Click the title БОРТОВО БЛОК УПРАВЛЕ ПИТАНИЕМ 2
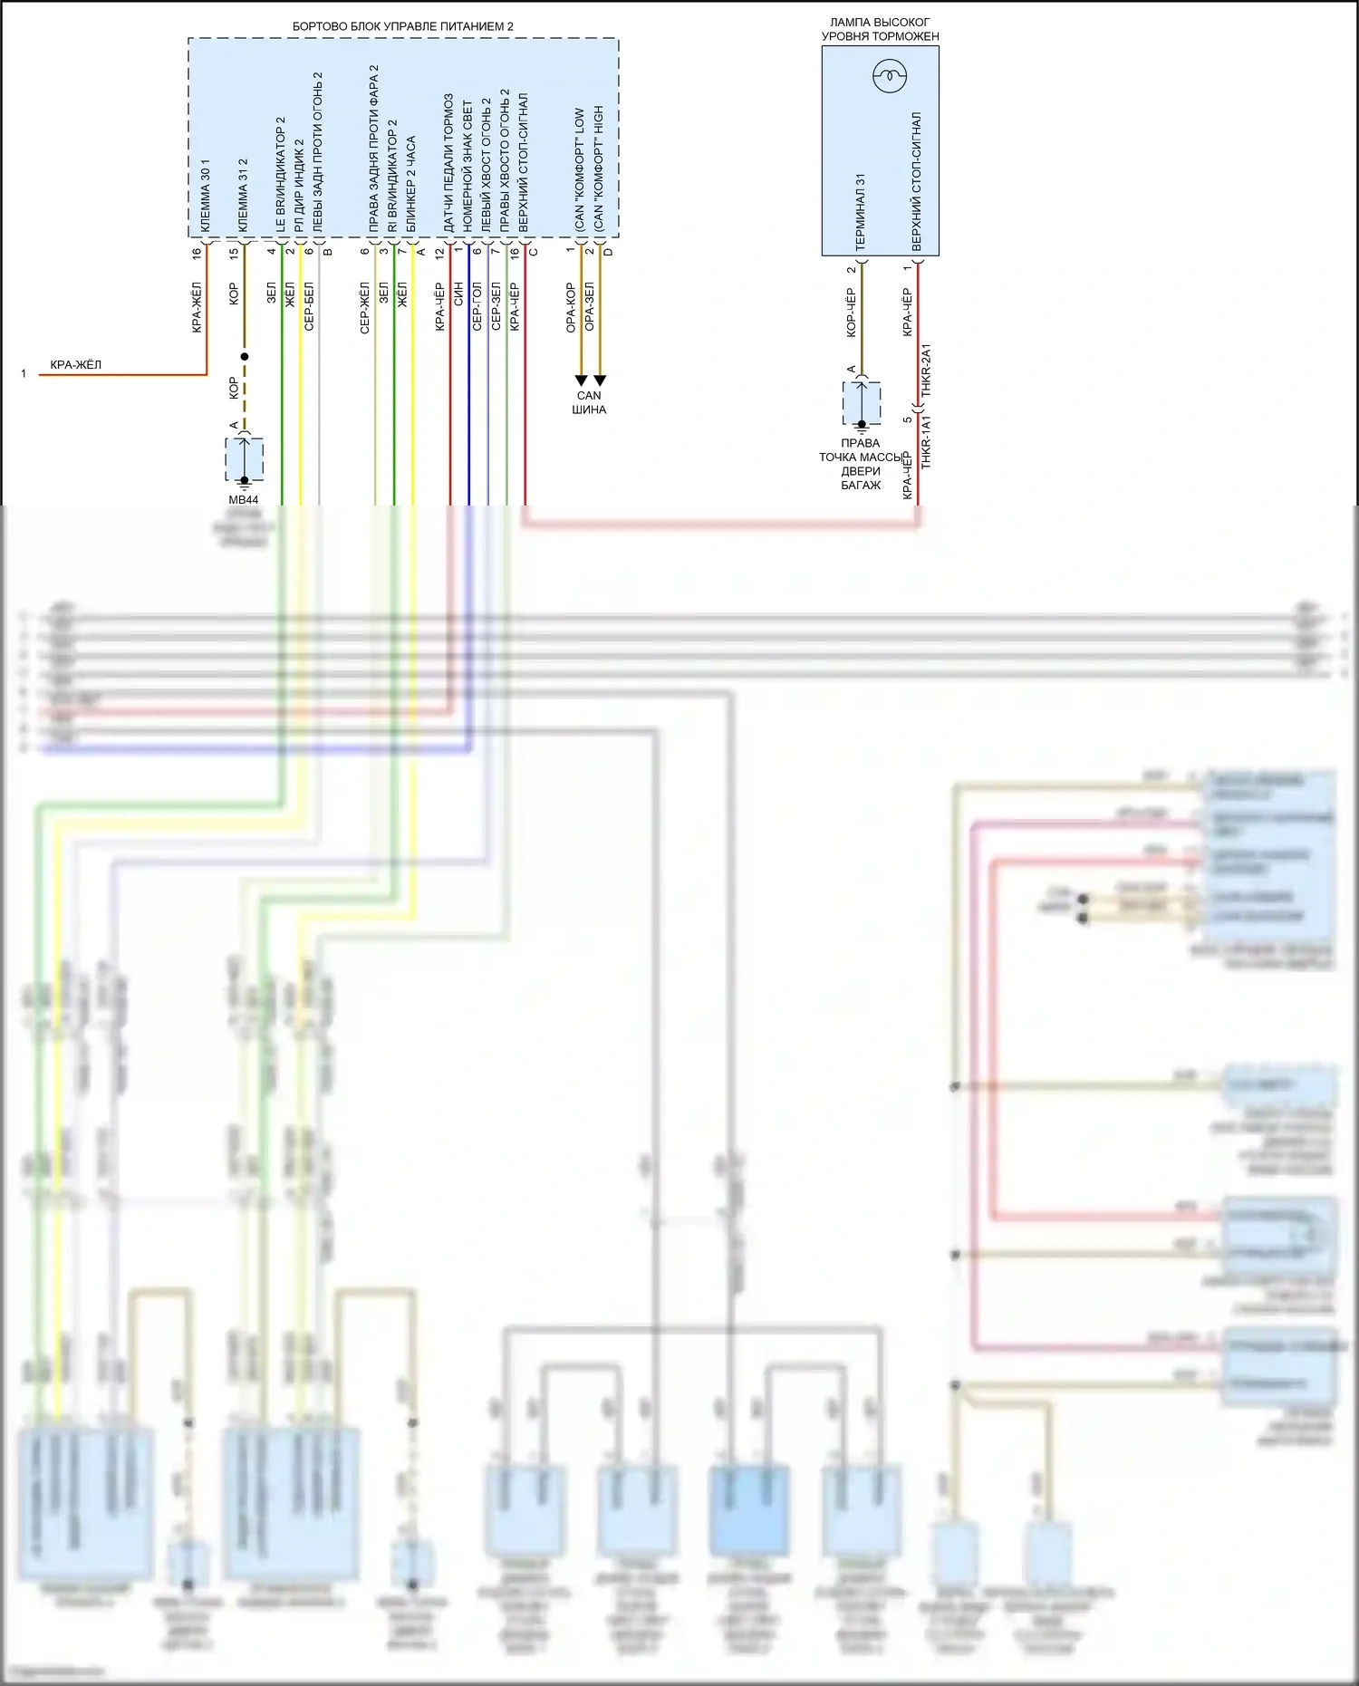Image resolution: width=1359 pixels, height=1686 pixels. pyautogui.click(x=402, y=26)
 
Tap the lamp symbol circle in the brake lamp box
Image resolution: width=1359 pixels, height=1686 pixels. pyautogui.click(x=890, y=76)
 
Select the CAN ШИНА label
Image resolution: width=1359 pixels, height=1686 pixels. pyautogui.click(x=589, y=402)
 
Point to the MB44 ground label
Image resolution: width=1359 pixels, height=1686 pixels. pyautogui.click(x=243, y=499)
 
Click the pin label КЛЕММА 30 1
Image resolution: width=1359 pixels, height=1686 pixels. pyautogui.click(x=205, y=196)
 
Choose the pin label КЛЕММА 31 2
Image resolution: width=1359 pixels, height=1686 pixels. pyautogui.click(x=242, y=196)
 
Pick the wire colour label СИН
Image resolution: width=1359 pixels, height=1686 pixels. pyautogui.click(x=458, y=293)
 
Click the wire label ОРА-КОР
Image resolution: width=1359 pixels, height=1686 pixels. pyautogui.click(x=571, y=307)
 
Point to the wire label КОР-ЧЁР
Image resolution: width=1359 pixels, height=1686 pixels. pyautogui.click(x=851, y=313)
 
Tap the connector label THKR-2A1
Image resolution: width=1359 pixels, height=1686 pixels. pyautogui.click(x=926, y=371)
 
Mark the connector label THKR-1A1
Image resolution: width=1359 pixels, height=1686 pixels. pyautogui.click(x=926, y=442)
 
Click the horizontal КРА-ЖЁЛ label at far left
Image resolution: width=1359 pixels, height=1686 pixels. pyautogui.click(x=76, y=365)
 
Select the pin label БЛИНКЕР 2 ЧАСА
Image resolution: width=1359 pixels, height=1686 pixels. pyautogui.click(x=411, y=184)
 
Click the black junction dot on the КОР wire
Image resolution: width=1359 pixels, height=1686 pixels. pyautogui.click(x=244, y=356)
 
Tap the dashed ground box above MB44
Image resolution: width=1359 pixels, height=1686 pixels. pyautogui.click(x=245, y=459)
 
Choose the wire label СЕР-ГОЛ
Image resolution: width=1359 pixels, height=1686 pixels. pyautogui.click(x=477, y=306)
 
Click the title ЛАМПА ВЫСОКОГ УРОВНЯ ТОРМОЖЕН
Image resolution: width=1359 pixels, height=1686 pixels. pyautogui.click(x=880, y=29)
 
